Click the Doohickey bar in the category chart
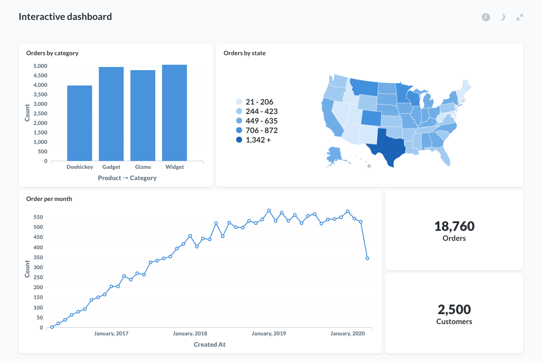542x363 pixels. pyautogui.click(x=80, y=123)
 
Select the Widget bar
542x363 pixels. pyautogui.click(x=175, y=113)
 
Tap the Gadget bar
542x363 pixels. pyautogui.click(x=111, y=114)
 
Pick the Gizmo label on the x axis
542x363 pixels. pyautogui.click(x=143, y=167)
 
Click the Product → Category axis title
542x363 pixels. pyautogui.click(x=127, y=178)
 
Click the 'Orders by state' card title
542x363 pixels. pyautogui.click(x=244, y=53)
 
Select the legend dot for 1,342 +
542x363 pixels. pyautogui.click(x=239, y=140)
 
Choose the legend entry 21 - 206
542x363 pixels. pyautogui.click(x=259, y=102)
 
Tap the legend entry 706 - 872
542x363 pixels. pyautogui.click(x=261, y=131)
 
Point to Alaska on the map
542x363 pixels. pyautogui.click(x=335, y=155)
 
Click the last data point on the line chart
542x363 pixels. pyautogui.click(x=367, y=258)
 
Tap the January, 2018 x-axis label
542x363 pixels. pyautogui.click(x=190, y=334)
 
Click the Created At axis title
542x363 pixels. pyautogui.click(x=209, y=344)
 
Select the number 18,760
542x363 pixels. pyautogui.click(x=454, y=226)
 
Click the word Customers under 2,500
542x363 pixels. pyautogui.click(x=454, y=322)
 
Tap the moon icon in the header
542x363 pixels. pyautogui.click(x=503, y=17)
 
